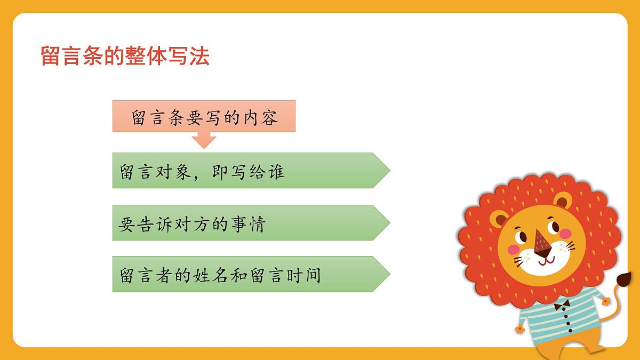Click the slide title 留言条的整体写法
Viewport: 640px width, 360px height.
(125, 56)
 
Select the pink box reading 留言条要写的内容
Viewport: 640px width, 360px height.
(204, 116)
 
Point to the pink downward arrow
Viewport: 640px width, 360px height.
(203, 140)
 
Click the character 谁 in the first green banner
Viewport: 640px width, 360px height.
(275, 171)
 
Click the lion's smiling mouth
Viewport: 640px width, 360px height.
(545, 260)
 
